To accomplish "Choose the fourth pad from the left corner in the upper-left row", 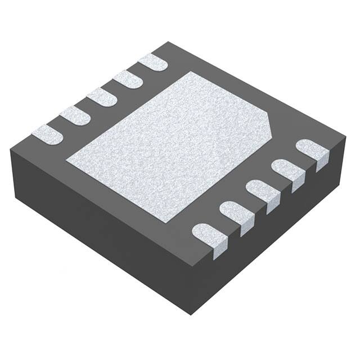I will (x=127, y=79).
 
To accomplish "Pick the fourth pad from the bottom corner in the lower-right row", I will (x=287, y=171).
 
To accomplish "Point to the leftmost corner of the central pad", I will (x=66, y=161).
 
